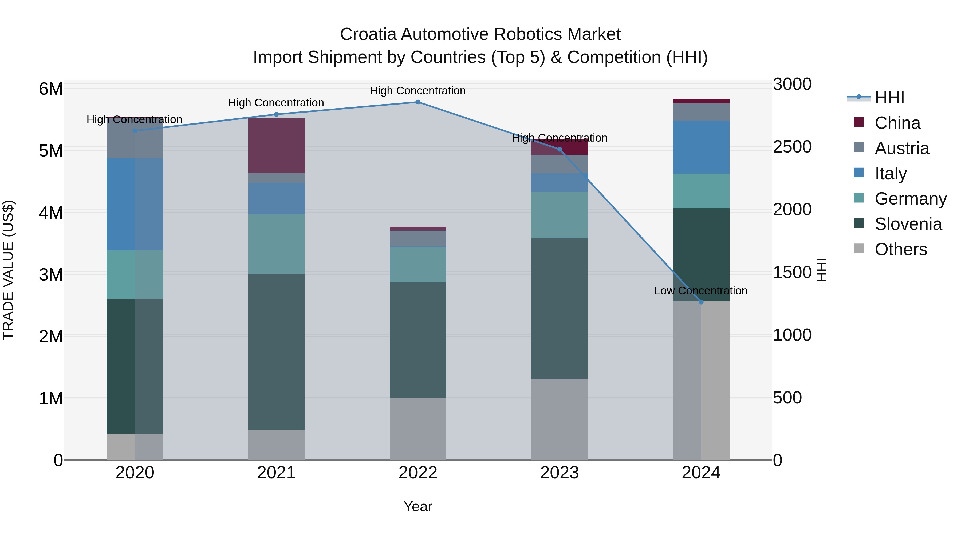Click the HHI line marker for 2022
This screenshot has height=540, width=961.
coord(418,102)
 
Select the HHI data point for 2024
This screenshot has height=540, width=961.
coord(701,302)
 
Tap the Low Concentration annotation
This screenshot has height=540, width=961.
coord(701,291)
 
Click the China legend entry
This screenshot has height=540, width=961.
coord(897,123)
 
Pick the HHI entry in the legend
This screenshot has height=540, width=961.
coord(889,98)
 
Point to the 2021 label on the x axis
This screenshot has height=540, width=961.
coord(277,473)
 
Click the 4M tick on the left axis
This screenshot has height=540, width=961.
coord(51,213)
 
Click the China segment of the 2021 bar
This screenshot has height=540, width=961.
coord(277,145)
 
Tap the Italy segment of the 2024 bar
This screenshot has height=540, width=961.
coord(701,147)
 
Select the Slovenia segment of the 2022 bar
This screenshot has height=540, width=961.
coord(418,340)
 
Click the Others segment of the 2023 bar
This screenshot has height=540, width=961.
coord(559,419)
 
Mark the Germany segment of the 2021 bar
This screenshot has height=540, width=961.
coord(277,244)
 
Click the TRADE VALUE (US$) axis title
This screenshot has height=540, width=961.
coord(8,270)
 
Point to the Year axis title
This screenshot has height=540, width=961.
coord(418,506)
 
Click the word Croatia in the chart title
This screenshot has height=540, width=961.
coord(368,34)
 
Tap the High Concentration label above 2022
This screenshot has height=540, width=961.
coord(418,91)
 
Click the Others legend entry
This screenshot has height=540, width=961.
coord(901,249)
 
